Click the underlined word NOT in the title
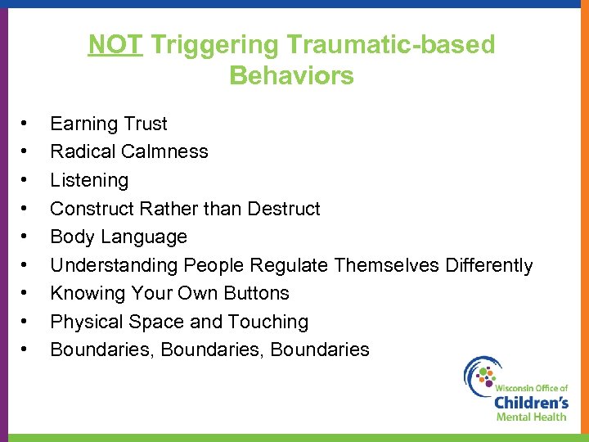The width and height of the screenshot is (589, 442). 116,44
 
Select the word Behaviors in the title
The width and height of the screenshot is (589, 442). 291,76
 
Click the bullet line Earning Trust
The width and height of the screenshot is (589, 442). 108,124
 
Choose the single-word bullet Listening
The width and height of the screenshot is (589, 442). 89,180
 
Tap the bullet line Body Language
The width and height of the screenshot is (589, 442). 119,237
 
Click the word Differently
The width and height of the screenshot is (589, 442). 488,265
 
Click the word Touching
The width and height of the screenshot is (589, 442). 267,322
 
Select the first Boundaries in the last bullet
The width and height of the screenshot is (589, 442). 102,350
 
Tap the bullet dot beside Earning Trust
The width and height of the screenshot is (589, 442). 26,124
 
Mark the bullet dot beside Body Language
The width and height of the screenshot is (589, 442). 26,237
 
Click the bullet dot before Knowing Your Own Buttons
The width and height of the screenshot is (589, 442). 26,293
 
